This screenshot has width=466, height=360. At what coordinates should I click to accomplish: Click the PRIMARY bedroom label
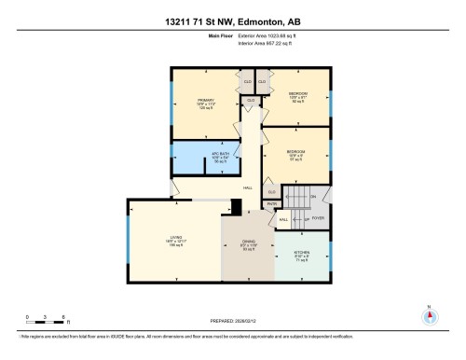point(206,100)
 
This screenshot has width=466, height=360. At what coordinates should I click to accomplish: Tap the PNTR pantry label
point(272,203)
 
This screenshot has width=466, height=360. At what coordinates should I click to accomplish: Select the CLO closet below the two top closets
point(251,100)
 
